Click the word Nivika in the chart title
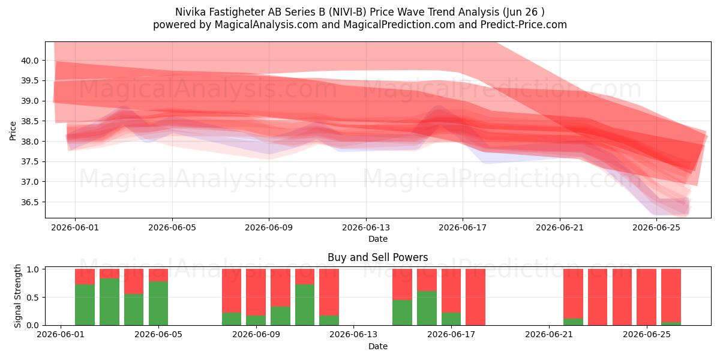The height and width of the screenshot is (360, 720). point(191,12)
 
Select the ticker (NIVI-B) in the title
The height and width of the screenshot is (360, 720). point(347,12)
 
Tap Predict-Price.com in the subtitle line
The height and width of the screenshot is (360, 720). point(524,25)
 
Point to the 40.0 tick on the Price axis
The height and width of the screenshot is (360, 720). point(30,61)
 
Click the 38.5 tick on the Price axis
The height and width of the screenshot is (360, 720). point(30,121)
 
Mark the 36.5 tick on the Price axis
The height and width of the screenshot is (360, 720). point(30,203)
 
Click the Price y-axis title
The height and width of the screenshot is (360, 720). point(13,131)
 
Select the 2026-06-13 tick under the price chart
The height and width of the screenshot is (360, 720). point(366,227)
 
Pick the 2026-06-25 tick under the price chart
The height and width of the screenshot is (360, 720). point(656,227)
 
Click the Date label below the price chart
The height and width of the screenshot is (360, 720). point(378,239)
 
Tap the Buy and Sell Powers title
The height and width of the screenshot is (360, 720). point(377,257)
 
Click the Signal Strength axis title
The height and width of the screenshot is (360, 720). point(17,296)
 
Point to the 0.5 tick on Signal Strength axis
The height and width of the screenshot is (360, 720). point(33,298)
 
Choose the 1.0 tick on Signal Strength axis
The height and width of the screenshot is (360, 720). point(33,269)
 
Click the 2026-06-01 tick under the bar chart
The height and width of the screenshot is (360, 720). point(61,335)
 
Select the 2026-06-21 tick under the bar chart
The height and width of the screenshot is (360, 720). point(549,335)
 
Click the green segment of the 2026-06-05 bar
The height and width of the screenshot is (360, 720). point(158,304)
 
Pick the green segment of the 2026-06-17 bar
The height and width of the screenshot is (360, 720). point(451,319)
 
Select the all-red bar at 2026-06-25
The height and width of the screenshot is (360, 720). point(646,297)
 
